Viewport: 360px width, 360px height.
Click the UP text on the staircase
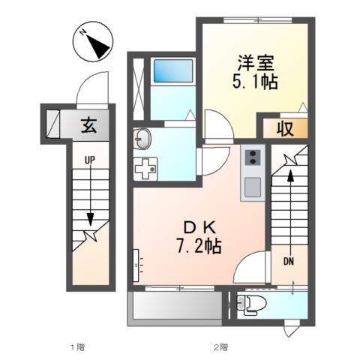pos(89,160)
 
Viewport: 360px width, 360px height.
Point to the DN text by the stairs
pos(289,262)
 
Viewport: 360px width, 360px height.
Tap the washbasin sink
pos(143,139)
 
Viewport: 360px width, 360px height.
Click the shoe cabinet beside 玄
pos(53,121)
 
